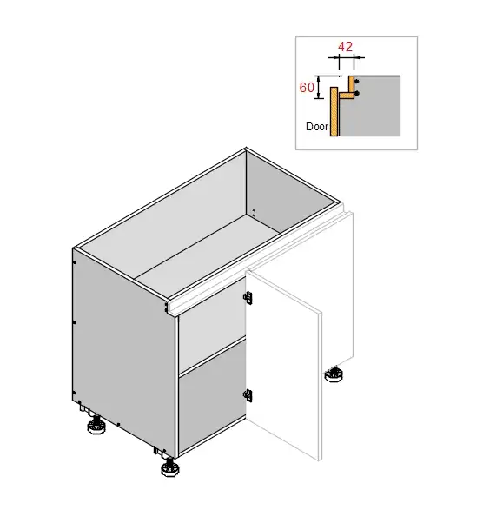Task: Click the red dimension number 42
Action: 345,47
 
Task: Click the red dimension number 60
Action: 307,88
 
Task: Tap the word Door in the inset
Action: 317,127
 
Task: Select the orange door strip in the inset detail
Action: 334,111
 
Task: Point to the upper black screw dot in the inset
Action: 357,82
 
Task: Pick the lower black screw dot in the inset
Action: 357,94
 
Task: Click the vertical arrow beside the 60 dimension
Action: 319,88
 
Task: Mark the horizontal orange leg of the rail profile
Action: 347,96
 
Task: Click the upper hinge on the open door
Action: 248,297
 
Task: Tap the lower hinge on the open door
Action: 248,395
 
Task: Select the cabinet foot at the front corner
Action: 169,467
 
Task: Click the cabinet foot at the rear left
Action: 96,425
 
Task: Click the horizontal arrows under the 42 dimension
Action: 347,57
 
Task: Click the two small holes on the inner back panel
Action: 254,213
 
